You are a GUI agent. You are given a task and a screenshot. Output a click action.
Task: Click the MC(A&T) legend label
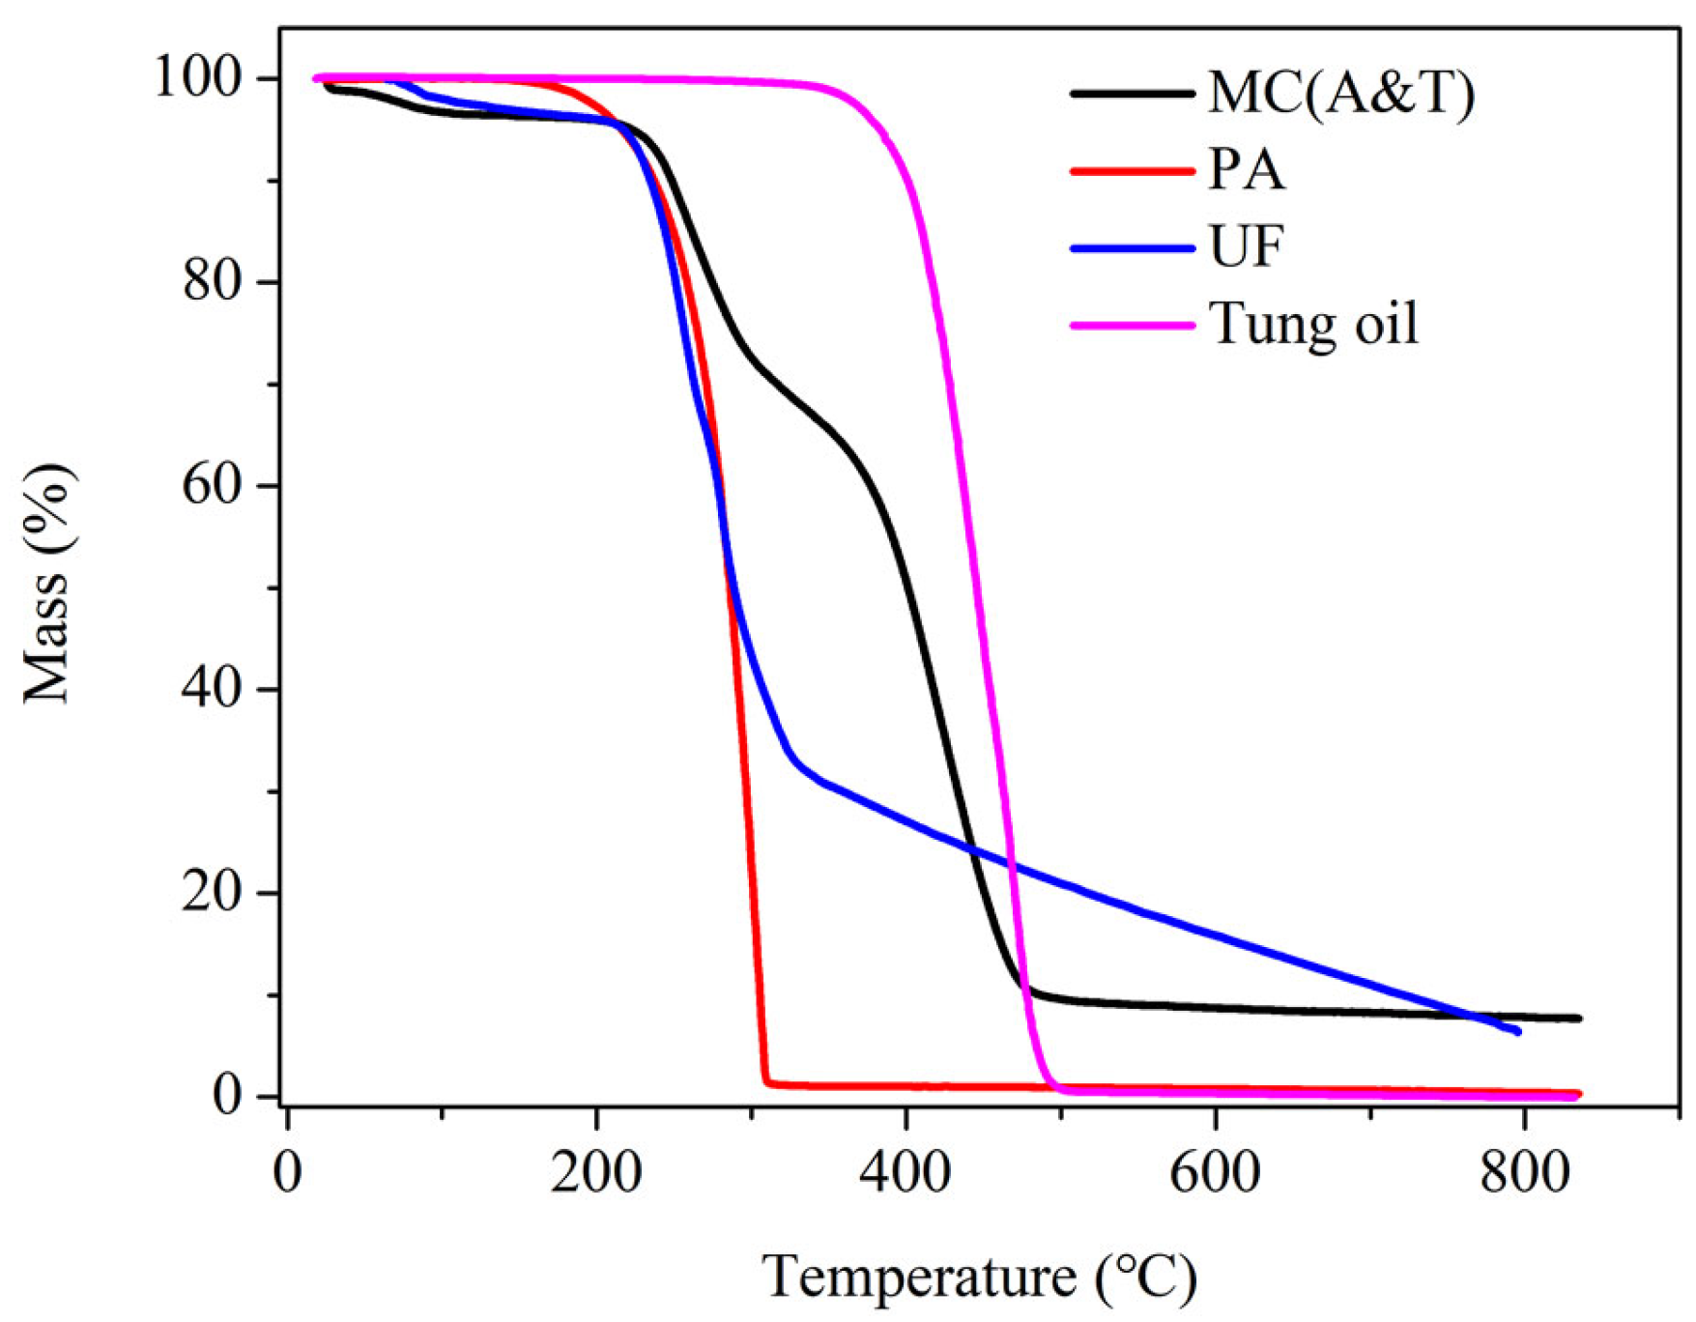point(1340,94)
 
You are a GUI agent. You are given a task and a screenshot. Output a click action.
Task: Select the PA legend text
point(1247,170)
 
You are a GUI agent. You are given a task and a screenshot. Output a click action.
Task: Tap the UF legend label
point(1246,246)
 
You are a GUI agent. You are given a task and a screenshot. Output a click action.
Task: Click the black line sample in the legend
point(1132,94)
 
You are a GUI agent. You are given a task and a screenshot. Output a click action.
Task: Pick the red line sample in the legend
point(1132,171)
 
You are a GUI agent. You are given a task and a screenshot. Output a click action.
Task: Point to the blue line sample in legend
point(1132,248)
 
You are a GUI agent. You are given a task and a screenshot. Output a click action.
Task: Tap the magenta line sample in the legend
point(1132,326)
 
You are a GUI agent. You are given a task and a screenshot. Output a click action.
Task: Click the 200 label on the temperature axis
point(596,1172)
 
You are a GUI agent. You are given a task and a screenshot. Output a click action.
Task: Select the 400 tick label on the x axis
point(905,1172)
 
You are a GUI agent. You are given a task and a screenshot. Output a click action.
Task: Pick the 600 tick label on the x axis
point(1215,1172)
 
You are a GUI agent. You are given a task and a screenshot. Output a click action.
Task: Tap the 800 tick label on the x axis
point(1523,1172)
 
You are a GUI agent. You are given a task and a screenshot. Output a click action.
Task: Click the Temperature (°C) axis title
point(979,1278)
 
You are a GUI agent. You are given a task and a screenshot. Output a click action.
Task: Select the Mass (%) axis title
point(48,584)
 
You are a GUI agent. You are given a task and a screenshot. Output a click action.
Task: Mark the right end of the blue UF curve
point(1518,1031)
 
